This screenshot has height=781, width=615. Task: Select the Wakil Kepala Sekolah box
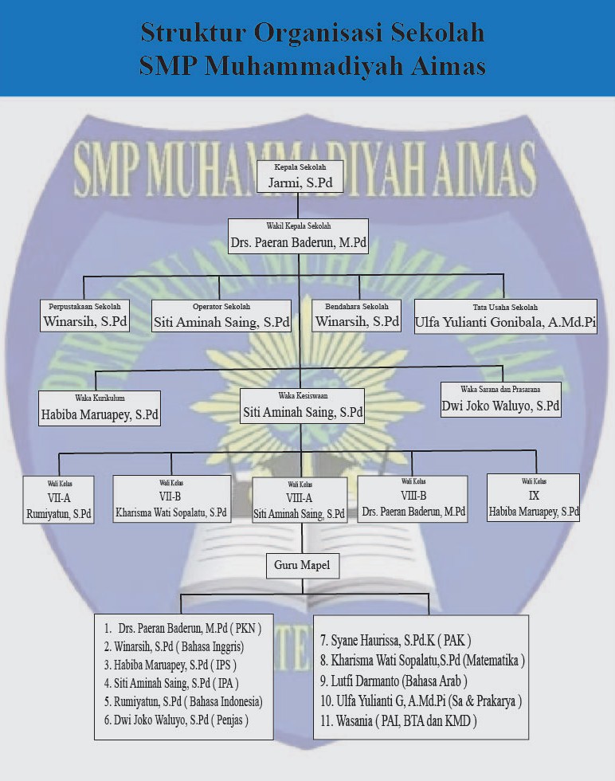pos(298,236)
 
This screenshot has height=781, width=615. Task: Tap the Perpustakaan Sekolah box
pos(84,316)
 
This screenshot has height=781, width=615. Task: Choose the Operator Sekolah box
pos(221,316)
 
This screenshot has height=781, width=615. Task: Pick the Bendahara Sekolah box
pos(356,316)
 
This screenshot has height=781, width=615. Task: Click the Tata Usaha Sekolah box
pos(505,316)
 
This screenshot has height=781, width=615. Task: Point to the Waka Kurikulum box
pos(100,407)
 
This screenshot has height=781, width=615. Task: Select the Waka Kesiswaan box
pos(302,406)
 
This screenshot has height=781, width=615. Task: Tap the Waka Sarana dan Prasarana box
pos(501,398)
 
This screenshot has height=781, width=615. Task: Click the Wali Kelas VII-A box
pos(58,499)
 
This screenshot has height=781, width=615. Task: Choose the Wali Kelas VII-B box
pos(171,498)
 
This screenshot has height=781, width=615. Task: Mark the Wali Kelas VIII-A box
pos(300,500)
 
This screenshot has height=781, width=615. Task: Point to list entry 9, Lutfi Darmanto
pos(393,681)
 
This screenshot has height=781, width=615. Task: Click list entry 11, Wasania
pos(398,721)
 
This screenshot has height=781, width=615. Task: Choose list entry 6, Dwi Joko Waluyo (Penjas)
pos(176,720)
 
